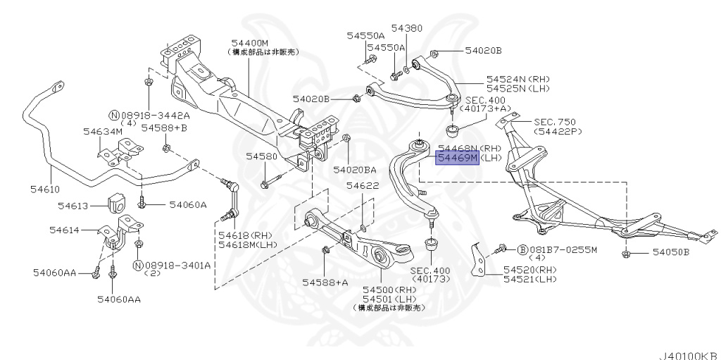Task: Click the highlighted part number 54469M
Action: point(457,158)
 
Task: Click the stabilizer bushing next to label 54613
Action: point(118,202)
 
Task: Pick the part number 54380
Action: point(407,28)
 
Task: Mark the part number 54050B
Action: point(670,252)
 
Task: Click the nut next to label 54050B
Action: point(626,252)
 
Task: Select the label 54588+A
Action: point(325,283)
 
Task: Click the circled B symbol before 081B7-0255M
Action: point(522,250)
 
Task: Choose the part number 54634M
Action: point(102,131)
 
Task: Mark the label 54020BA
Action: point(355,169)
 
